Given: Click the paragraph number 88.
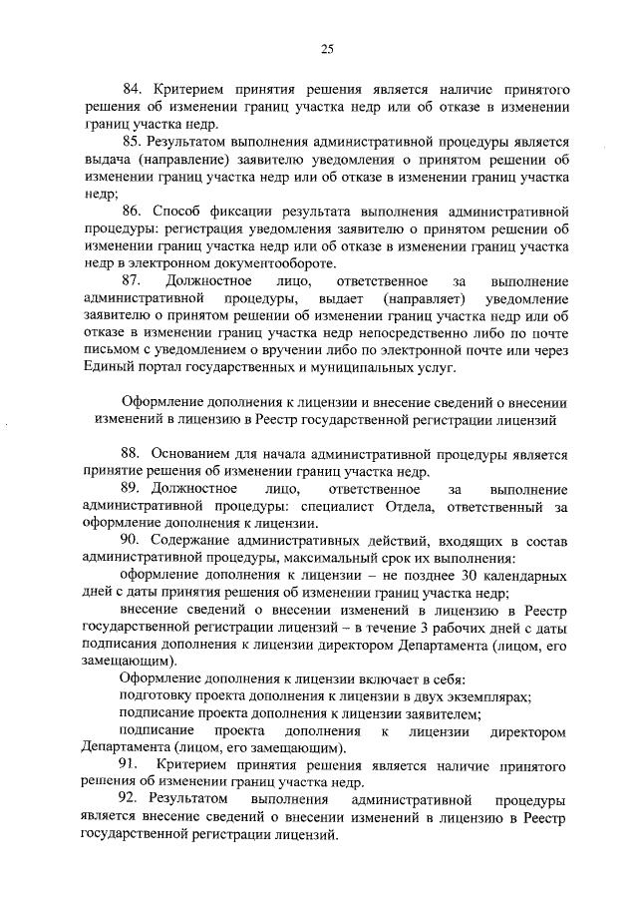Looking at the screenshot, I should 134,454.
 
